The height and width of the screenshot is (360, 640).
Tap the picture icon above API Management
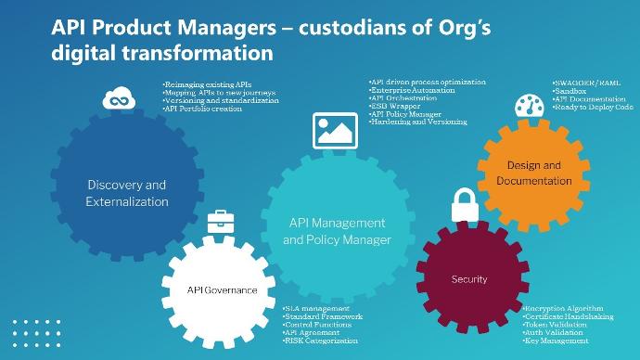pos(335,131)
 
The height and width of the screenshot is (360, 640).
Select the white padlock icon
pos(465,207)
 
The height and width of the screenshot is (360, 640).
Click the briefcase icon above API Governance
pos(221,221)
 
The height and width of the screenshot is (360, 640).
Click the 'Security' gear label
pos(468,278)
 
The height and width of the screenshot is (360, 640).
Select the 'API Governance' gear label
pos(222,289)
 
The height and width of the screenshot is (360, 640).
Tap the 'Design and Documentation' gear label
pos(533,173)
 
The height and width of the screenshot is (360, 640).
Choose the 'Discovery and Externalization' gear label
pos(127,192)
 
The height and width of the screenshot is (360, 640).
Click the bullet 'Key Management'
pos(557,341)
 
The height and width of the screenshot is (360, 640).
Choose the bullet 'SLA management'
pos(316,308)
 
